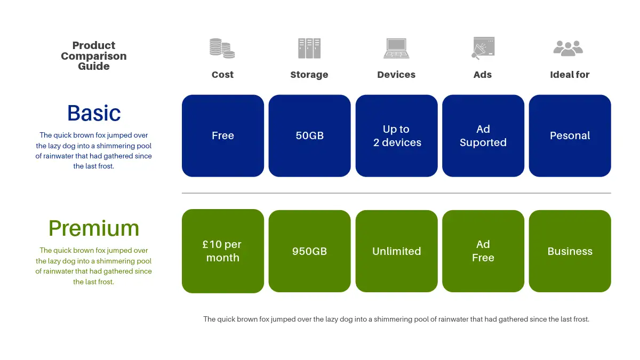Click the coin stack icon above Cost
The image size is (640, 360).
[222, 48]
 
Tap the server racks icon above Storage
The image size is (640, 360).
[309, 48]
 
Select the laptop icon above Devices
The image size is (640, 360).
[396, 48]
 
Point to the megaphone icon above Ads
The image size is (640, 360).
[483, 48]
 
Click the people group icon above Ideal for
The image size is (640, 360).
[569, 48]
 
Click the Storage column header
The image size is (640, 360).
[309, 75]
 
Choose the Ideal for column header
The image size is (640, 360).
[570, 75]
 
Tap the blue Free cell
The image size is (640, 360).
[223, 135]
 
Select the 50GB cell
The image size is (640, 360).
[309, 135]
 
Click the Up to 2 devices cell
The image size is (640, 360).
[396, 135]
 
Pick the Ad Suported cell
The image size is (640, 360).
[483, 135]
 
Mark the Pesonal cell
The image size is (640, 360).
[570, 135]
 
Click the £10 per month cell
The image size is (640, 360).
[223, 251]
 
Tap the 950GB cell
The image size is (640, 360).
[309, 251]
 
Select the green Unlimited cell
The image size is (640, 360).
[396, 251]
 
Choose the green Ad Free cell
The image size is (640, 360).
[483, 251]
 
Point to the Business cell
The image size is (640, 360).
[570, 251]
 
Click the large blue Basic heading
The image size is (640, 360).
[94, 113]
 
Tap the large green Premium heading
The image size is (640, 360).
[94, 228]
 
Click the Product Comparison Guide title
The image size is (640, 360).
[94, 56]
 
